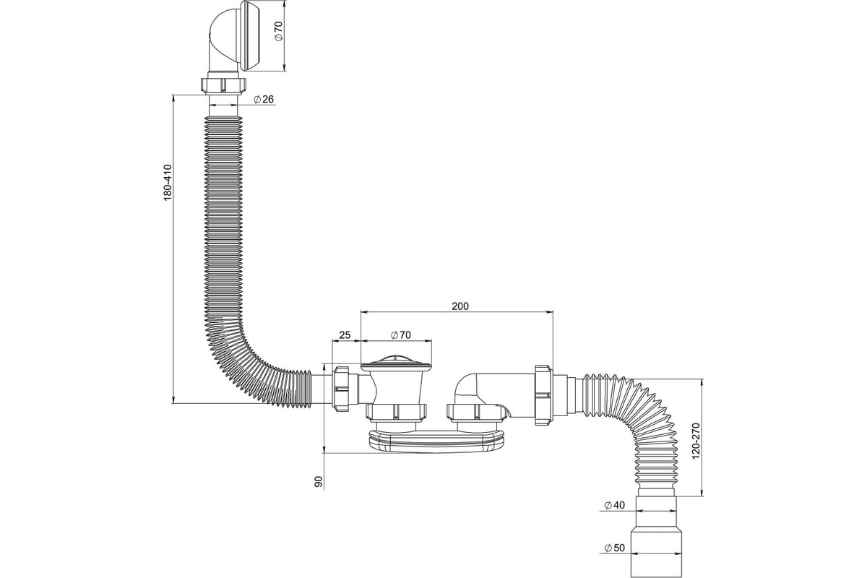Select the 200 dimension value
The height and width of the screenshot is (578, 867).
[x=460, y=306]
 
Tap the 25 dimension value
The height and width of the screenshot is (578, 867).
[x=345, y=335]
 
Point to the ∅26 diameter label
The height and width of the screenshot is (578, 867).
[x=263, y=100]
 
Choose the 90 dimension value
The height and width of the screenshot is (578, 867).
[x=319, y=481]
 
